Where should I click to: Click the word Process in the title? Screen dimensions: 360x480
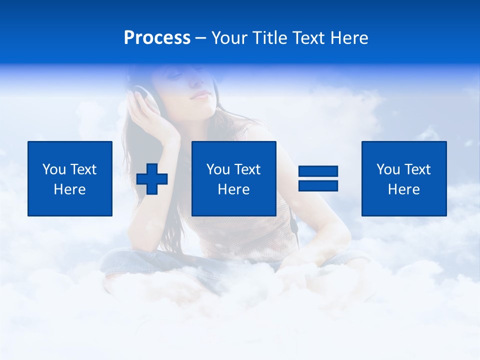click(157, 38)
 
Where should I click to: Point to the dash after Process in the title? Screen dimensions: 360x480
click(201, 38)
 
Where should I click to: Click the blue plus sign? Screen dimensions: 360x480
click(152, 179)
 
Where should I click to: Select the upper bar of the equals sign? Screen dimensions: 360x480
click(318, 171)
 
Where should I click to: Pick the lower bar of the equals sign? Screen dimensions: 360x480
click(318, 186)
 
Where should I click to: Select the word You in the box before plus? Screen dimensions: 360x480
click(53, 169)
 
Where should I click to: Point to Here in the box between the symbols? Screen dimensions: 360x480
click(233, 189)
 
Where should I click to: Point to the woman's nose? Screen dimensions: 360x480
click(196, 82)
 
